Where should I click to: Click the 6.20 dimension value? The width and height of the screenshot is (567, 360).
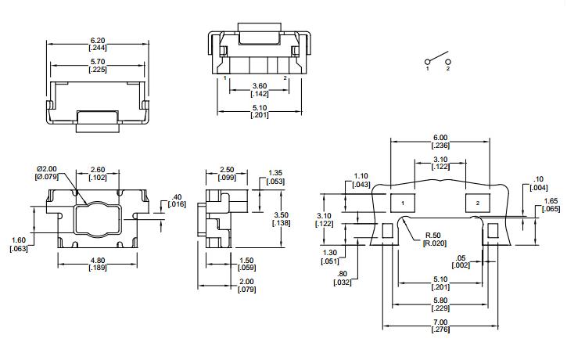(x=98, y=41)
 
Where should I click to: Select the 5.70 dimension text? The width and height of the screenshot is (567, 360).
(x=98, y=62)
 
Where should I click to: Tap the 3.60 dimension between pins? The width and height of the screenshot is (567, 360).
(x=260, y=86)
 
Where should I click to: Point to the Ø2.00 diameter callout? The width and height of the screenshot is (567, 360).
(x=47, y=169)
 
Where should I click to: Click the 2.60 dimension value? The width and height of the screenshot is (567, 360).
(x=98, y=170)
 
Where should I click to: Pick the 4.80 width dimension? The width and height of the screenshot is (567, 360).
(x=98, y=261)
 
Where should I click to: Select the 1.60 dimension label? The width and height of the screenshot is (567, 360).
(x=19, y=240)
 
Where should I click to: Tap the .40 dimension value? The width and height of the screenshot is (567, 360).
(x=177, y=197)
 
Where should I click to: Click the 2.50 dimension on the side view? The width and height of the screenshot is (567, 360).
(x=227, y=170)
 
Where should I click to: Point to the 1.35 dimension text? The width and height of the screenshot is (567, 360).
(x=275, y=173)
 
